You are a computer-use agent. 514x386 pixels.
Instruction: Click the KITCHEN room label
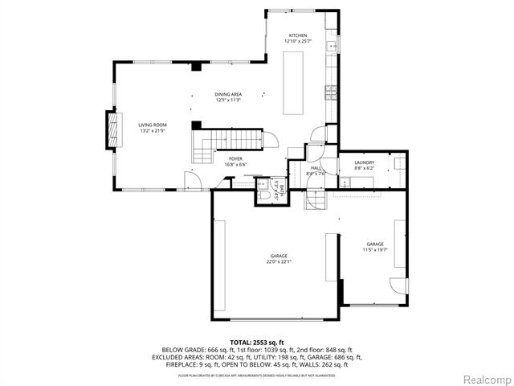coord(297,35)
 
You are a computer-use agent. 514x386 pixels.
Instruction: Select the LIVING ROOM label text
coord(152,125)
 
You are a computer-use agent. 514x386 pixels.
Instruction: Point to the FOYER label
coord(235,159)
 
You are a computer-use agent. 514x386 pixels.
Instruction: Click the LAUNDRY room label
coord(364,162)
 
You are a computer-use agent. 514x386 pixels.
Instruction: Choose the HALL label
coord(316,168)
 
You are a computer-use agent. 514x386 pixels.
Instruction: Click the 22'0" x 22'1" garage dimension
coord(278,261)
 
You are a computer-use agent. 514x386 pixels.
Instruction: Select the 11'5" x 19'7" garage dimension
coord(376,249)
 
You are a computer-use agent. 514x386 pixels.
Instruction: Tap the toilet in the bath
coord(264,194)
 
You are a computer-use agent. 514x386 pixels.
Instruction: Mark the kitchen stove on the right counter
coord(329,92)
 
